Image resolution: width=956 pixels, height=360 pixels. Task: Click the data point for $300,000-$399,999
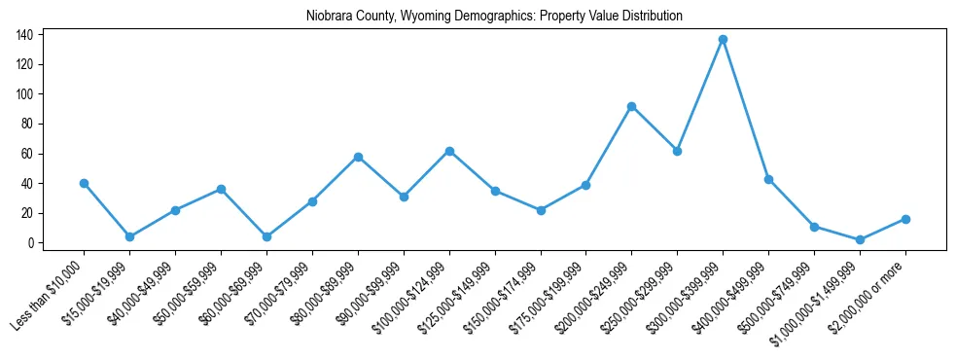[723, 40]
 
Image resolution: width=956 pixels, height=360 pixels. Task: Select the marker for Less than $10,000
[84, 183]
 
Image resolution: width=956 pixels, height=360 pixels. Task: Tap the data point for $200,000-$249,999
[631, 106]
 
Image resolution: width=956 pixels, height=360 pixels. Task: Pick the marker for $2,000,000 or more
[905, 219]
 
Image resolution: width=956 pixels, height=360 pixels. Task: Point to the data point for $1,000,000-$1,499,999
[860, 239]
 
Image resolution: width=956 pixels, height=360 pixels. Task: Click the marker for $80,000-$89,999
[358, 157]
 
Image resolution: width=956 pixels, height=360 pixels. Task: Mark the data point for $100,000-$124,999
[449, 151]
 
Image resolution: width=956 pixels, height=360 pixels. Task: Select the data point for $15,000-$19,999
[129, 236]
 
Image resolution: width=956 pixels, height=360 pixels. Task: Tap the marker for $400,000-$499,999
[768, 179]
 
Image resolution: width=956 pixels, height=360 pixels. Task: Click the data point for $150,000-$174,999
[541, 210]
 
